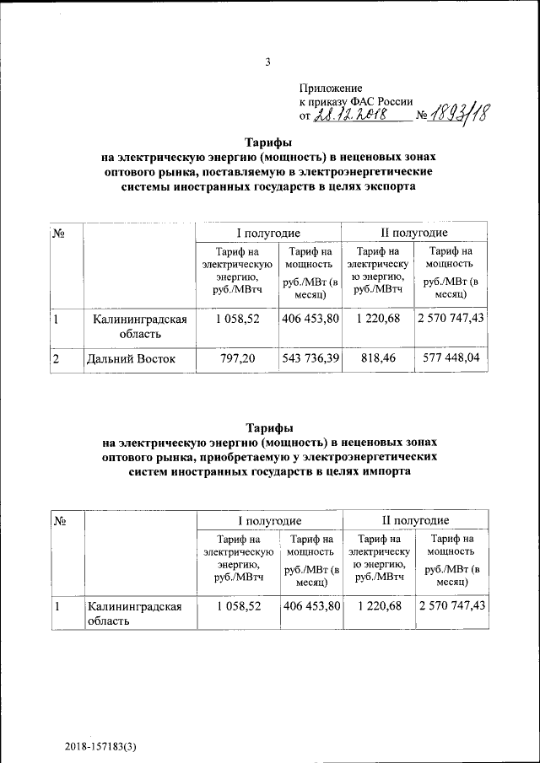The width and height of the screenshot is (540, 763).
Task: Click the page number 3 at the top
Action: [267, 61]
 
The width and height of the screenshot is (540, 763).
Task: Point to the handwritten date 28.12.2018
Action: [349, 115]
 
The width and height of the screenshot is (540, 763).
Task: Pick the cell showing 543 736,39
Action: [310, 358]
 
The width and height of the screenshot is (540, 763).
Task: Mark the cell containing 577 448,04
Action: [451, 358]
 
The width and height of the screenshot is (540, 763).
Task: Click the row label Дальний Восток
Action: [131, 359]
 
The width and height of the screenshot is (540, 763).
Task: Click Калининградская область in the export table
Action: [139, 326]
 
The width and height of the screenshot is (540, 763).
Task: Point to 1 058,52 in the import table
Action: [239, 606]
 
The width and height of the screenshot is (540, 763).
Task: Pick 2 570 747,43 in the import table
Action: [451, 606]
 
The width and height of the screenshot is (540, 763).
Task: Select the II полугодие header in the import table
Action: [413, 520]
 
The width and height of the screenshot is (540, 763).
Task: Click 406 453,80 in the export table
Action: [310, 319]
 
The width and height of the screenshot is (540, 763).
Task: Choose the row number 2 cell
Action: [57, 359]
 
